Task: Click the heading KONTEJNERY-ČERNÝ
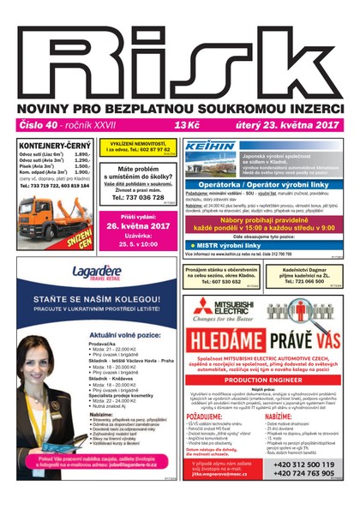coord(52,146)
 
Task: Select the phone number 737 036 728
coord(138,198)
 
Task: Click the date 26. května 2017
coord(137,226)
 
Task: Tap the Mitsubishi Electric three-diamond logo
coord(202,310)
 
